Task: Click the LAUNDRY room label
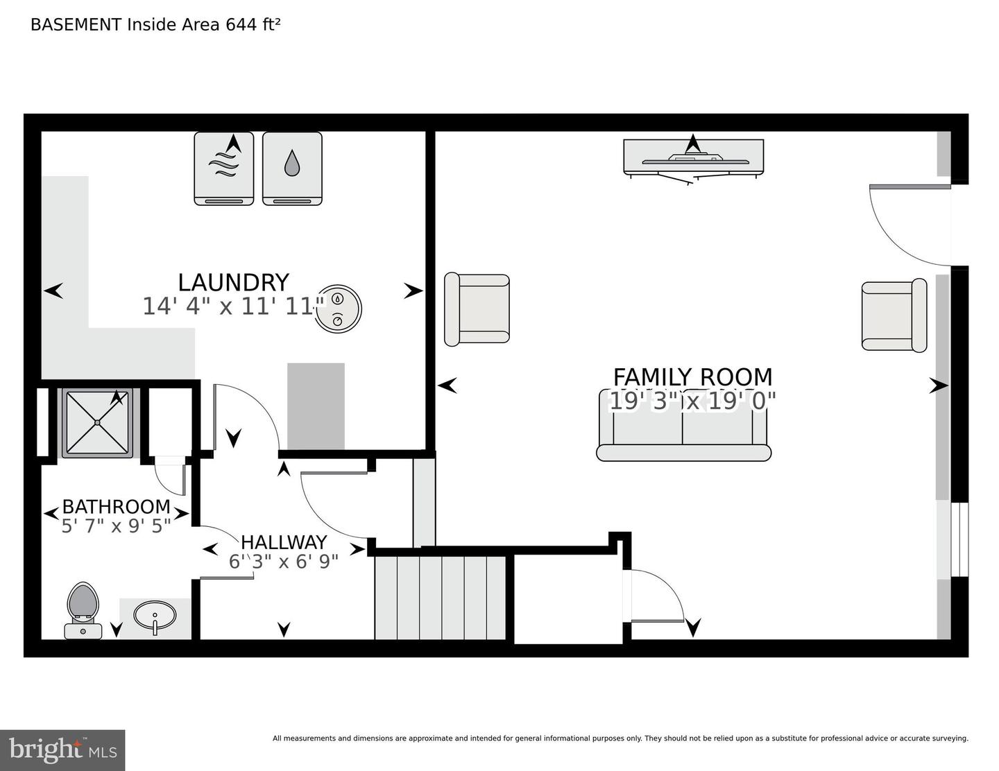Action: click(x=233, y=282)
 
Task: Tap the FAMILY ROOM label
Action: click(x=692, y=377)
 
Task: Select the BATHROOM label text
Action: click(x=116, y=507)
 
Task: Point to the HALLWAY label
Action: click(x=284, y=542)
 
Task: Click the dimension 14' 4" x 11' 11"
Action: click(x=233, y=306)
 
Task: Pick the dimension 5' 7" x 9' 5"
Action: click(x=116, y=526)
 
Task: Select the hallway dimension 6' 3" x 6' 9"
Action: click(x=284, y=562)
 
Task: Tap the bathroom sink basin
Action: click(x=155, y=615)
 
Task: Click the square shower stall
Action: click(x=98, y=422)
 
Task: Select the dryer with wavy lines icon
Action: click(x=224, y=168)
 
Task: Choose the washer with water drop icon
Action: click(x=292, y=168)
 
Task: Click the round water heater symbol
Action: click(x=338, y=307)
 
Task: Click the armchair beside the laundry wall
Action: click(x=477, y=309)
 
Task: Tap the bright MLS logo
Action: click(x=62, y=750)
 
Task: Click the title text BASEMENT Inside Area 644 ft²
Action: click(x=155, y=25)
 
